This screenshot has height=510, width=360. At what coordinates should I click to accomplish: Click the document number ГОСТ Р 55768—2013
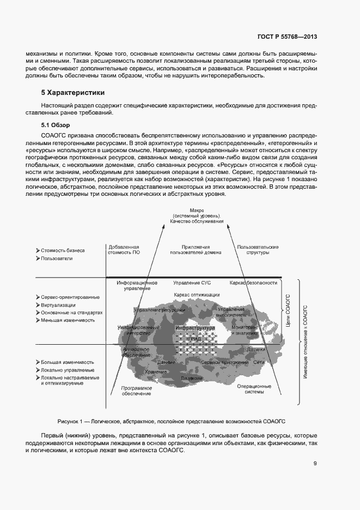[x=286, y=37]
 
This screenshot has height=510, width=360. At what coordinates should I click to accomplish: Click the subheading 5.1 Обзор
[x=54, y=125]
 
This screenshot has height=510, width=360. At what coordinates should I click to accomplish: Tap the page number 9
[x=315, y=464]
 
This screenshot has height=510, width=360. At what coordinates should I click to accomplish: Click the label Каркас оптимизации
[x=197, y=295]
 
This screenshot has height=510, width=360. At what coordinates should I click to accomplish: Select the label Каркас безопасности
[x=253, y=283]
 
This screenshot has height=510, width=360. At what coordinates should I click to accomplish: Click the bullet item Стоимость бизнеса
[x=62, y=250]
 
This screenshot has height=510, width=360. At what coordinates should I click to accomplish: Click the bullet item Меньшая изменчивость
[x=68, y=320]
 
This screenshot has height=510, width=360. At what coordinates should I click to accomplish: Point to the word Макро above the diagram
[x=197, y=210]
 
